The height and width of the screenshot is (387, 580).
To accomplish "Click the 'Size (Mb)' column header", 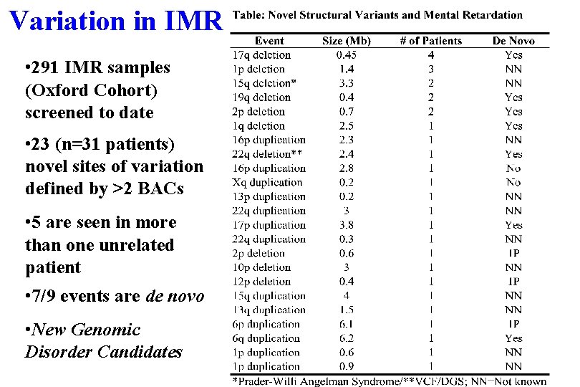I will point(347,41).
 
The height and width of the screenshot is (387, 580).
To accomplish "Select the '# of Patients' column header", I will point(430,41).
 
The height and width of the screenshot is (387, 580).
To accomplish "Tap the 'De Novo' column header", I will point(513,41).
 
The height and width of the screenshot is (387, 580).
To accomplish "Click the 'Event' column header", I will point(269,41).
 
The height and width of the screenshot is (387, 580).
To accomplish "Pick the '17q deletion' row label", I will point(261,54).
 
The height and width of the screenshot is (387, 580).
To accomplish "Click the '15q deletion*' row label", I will point(265,83).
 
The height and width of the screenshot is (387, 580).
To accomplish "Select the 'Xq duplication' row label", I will point(268,182).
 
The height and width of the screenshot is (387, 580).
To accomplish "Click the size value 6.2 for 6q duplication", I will point(347,338).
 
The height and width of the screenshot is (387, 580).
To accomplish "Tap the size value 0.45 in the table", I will point(347,54).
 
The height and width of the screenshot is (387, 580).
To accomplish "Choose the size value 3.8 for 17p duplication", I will point(347,225).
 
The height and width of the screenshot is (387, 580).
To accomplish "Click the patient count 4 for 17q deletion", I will point(431,54).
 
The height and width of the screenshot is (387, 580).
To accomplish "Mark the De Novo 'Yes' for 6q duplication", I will point(513,338).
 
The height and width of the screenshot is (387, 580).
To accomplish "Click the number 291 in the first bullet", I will point(53,68).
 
